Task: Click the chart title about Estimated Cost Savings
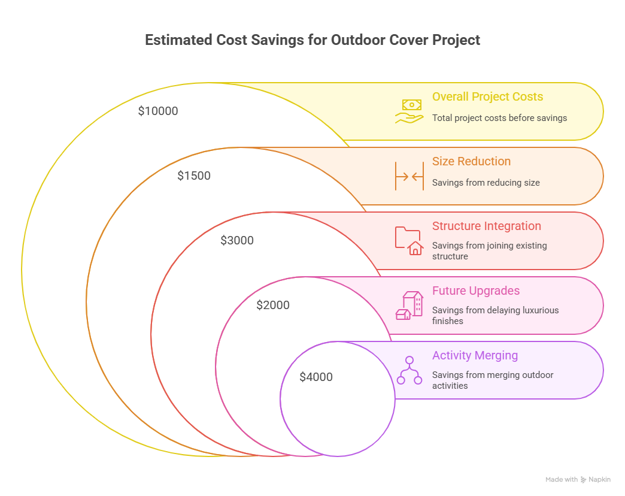pyautogui.click(x=313, y=41)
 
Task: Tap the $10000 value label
pyautogui.click(x=158, y=111)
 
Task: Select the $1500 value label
pyautogui.click(x=194, y=176)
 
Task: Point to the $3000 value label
pyautogui.click(x=237, y=240)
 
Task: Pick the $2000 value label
pyautogui.click(x=273, y=305)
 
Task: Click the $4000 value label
pyautogui.click(x=316, y=377)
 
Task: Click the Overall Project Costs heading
pyautogui.click(x=487, y=96)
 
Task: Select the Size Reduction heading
pyautogui.click(x=471, y=161)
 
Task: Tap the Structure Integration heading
pyautogui.click(x=486, y=226)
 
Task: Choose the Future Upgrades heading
pyautogui.click(x=475, y=291)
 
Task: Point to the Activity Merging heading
pyautogui.click(x=475, y=355)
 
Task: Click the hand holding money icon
pyautogui.click(x=409, y=111)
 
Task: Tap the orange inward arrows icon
pyautogui.click(x=409, y=176)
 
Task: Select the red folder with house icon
pyautogui.click(x=409, y=241)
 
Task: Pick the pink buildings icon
pyautogui.click(x=409, y=306)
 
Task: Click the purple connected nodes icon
pyautogui.click(x=409, y=370)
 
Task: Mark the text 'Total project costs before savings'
pyautogui.click(x=499, y=118)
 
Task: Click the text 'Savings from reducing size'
pyautogui.click(x=486, y=183)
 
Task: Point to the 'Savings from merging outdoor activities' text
pyautogui.click(x=492, y=380)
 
